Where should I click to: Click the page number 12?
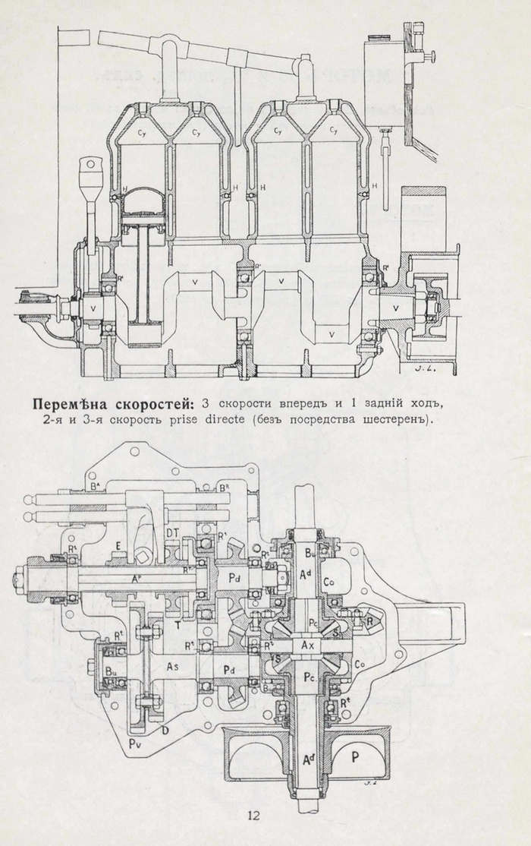[254, 816]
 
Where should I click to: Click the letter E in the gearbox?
[118, 545]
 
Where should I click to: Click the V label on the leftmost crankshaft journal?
[93, 308]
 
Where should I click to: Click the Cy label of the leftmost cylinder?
[142, 133]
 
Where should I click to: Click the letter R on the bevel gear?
[369, 619]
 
